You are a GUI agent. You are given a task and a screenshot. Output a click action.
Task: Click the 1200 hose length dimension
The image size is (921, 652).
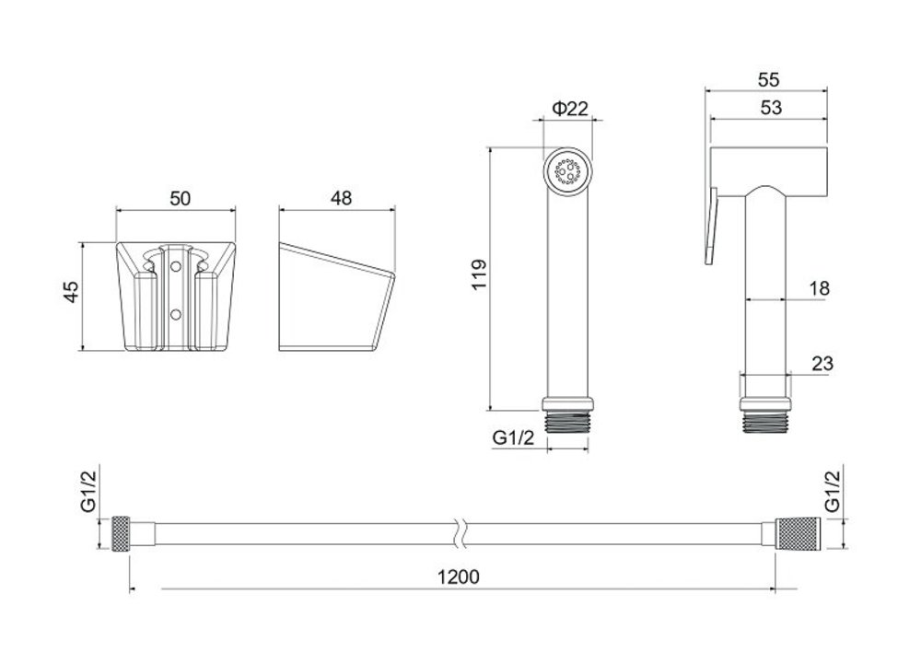pyautogui.click(x=458, y=576)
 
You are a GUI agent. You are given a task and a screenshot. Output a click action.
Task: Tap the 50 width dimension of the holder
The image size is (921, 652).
pyautogui.click(x=180, y=199)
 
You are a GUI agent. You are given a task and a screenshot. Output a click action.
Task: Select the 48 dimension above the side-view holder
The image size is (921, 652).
pyautogui.click(x=341, y=198)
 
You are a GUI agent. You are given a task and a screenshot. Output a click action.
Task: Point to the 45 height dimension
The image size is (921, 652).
pyautogui.click(x=71, y=292)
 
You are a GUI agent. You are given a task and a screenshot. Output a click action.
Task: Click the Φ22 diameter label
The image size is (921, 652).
pyautogui.click(x=570, y=108)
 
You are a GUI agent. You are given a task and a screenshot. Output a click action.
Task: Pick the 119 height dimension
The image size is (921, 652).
pyautogui.click(x=479, y=274)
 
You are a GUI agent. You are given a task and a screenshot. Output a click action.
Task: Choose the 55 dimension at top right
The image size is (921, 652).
pyautogui.click(x=768, y=79)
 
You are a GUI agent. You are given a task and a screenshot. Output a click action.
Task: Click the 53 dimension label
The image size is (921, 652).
pyautogui.click(x=771, y=108)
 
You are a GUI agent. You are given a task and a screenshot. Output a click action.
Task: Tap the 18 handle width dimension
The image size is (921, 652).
pyautogui.click(x=820, y=288)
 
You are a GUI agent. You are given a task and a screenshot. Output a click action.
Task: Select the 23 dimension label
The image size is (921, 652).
pyautogui.click(x=822, y=364)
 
